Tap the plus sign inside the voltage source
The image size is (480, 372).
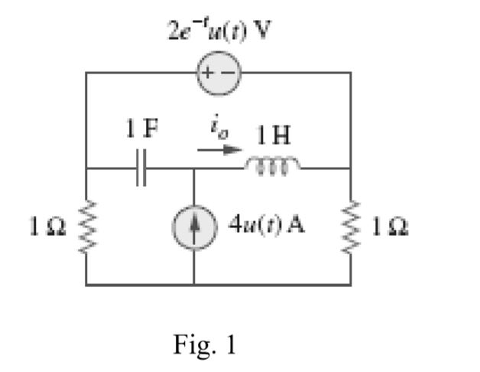point(210,73)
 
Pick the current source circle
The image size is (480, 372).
point(193,227)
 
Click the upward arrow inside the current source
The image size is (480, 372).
point(193,227)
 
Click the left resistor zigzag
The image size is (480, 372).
point(86,227)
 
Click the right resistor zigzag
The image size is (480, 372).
point(351,227)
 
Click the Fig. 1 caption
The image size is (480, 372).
point(204,344)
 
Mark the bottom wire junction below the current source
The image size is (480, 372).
point(193,284)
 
